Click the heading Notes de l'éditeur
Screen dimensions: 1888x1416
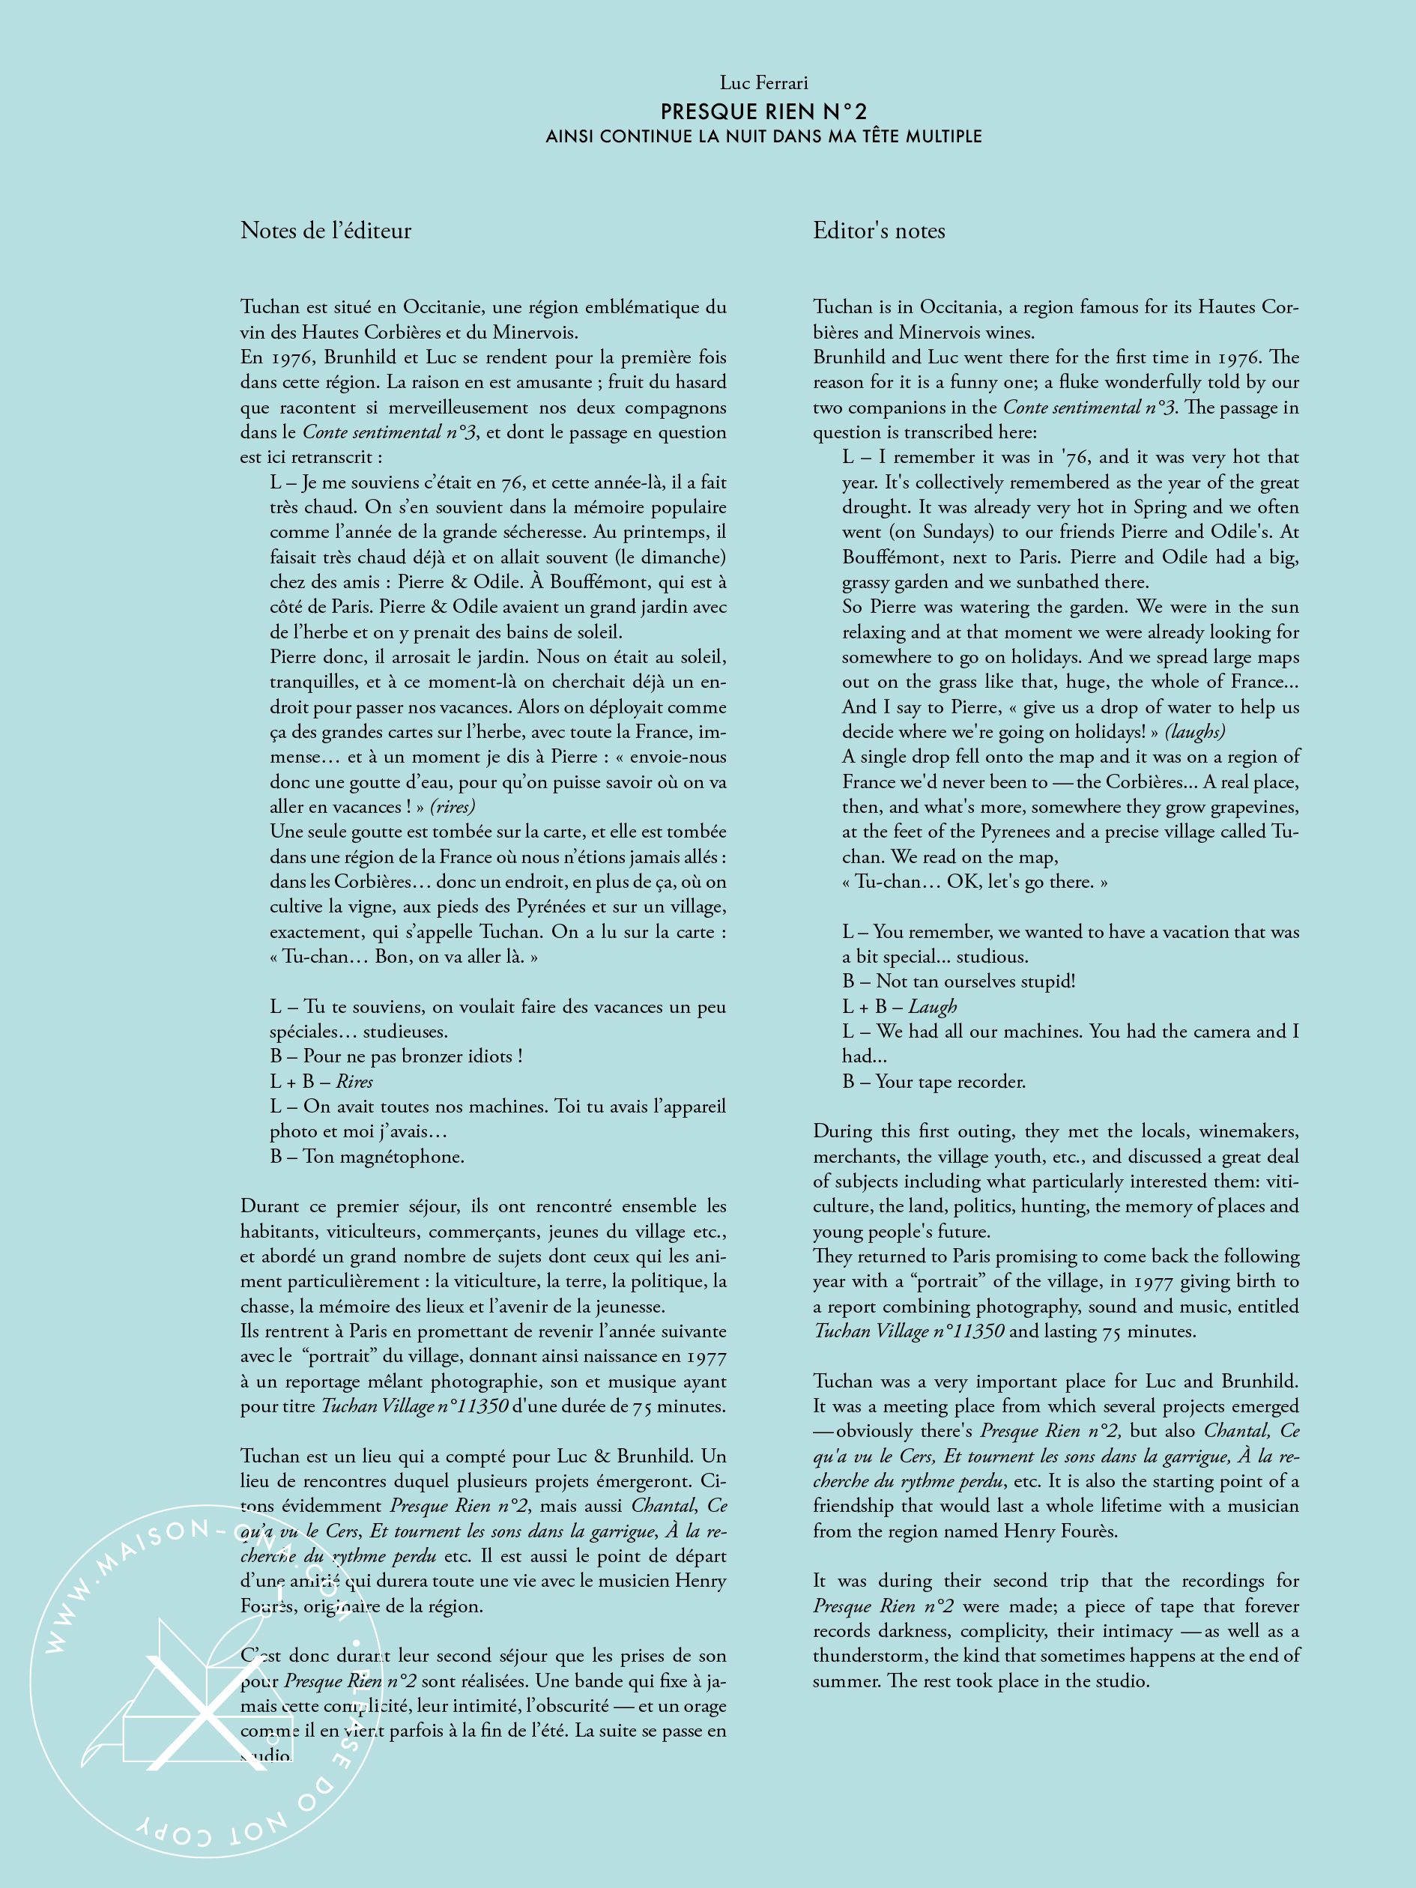point(325,231)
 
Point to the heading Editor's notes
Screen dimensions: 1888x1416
point(878,231)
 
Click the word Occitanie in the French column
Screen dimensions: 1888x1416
point(443,307)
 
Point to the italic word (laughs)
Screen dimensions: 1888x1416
point(1194,732)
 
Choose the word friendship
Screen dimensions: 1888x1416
point(857,1507)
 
